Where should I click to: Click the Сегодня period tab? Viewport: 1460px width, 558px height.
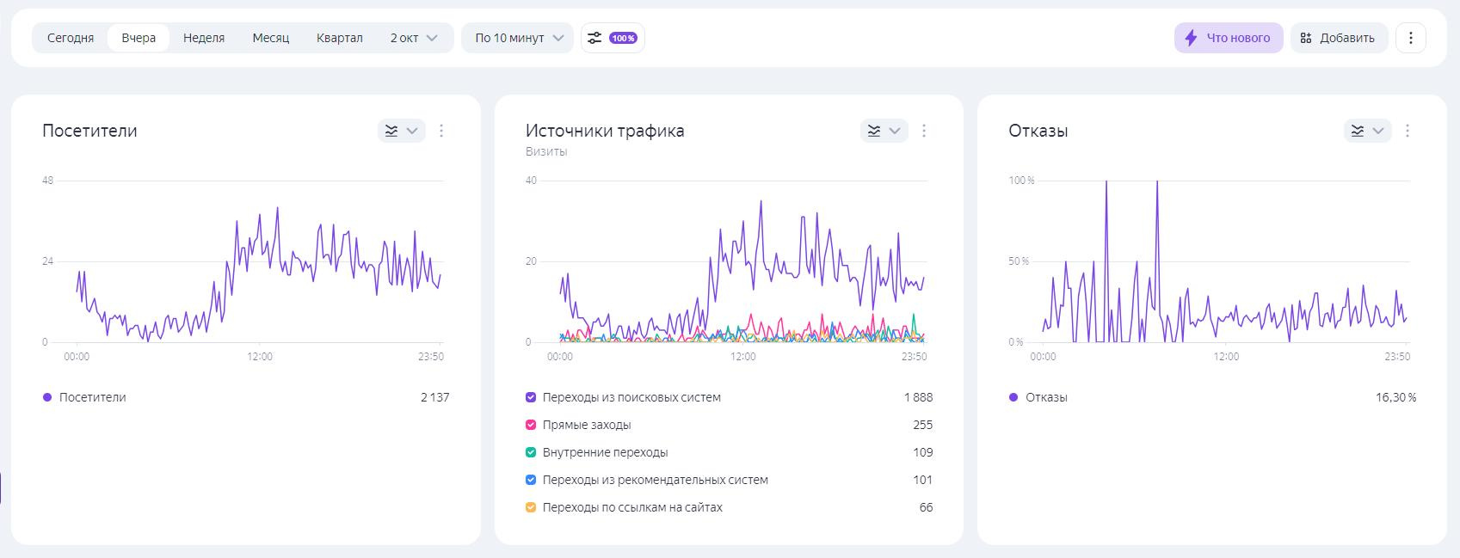pyautogui.click(x=71, y=38)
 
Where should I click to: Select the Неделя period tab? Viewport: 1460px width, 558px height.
pyautogui.click(x=204, y=38)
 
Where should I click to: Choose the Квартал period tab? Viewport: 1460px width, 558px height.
pyautogui.click(x=339, y=38)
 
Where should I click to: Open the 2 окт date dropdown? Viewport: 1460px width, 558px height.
pyautogui.click(x=414, y=38)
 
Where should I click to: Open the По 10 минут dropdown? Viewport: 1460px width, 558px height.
pyautogui.click(x=518, y=38)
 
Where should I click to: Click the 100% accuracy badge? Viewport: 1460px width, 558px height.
pyautogui.click(x=623, y=38)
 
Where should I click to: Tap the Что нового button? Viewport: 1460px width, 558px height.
pyautogui.click(x=1229, y=38)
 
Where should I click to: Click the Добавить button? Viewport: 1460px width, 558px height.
pyautogui.click(x=1338, y=38)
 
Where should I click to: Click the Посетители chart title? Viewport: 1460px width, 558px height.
pyautogui.click(x=89, y=131)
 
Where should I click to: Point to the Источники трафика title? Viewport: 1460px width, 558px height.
pyautogui.click(x=605, y=131)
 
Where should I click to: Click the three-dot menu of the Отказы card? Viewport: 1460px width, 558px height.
pyautogui.click(x=1408, y=131)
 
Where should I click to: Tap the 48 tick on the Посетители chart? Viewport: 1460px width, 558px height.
pyautogui.click(x=47, y=181)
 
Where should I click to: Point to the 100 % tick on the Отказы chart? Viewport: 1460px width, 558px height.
pyautogui.click(x=1021, y=181)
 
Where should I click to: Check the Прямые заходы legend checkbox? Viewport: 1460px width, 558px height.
pyautogui.click(x=531, y=425)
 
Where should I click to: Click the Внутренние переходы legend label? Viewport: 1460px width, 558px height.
pyautogui.click(x=605, y=452)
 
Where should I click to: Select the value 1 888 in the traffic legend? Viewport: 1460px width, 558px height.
pyautogui.click(x=918, y=397)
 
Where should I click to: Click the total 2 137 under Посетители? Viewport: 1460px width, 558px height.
pyautogui.click(x=434, y=397)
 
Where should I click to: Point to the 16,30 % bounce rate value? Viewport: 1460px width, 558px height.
pyautogui.click(x=1395, y=397)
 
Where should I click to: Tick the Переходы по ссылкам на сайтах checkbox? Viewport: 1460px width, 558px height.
pyautogui.click(x=531, y=507)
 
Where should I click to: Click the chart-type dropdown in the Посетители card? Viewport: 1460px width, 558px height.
pyautogui.click(x=402, y=131)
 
